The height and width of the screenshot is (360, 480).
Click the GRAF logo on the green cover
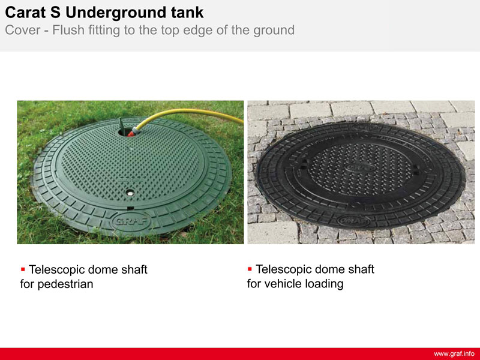pyautogui.click(x=131, y=221)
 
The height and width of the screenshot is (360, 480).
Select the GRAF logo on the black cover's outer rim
pyautogui.click(x=353, y=220)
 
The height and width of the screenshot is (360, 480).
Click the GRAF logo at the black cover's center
pyautogui.click(x=360, y=167)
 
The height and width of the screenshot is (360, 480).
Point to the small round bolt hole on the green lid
pyautogui.click(x=130, y=193)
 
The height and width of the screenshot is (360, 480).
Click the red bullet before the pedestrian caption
pyautogui.click(x=23, y=269)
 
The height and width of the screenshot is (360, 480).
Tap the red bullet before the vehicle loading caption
pyautogui.click(x=250, y=269)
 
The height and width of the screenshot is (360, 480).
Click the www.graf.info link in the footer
pyautogui.click(x=454, y=354)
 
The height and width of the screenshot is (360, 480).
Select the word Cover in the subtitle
pyautogui.click(x=23, y=30)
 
